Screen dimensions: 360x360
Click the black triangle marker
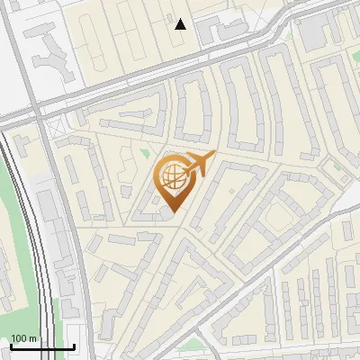pyautogui.click(x=181, y=24)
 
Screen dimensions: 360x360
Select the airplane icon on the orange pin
pyautogui.click(x=198, y=164)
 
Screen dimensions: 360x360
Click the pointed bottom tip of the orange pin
pyautogui.click(x=172, y=212)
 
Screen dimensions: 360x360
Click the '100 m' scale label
pyautogui.click(x=25, y=338)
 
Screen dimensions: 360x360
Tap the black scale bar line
pyautogui.click(x=41, y=346)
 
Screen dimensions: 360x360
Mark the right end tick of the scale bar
pyautogui.click(x=74, y=346)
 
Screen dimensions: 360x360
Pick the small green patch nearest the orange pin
pyautogui.click(x=144, y=152)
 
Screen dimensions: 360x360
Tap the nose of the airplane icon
pyautogui.click(x=213, y=156)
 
